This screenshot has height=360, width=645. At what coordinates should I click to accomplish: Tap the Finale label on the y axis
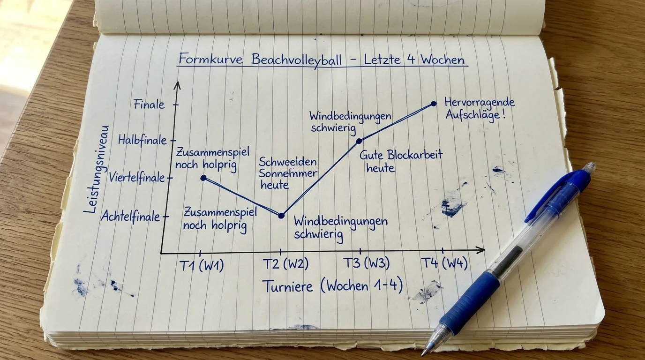(149, 104)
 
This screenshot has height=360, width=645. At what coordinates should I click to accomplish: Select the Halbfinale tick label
(142, 140)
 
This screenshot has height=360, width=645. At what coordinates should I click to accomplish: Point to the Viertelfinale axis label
(137, 177)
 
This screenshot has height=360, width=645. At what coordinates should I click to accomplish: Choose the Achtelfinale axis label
(130, 216)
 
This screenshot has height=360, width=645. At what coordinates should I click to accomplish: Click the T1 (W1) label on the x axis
(202, 265)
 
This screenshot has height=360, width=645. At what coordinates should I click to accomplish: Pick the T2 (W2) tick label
(285, 263)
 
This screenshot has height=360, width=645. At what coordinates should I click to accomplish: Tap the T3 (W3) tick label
(367, 262)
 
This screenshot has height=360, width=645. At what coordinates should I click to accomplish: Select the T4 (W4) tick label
(444, 262)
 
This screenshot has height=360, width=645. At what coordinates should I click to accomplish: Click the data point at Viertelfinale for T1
(203, 178)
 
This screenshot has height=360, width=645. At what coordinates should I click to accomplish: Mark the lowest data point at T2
(282, 216)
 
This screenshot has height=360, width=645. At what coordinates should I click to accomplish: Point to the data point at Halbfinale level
(359, 141)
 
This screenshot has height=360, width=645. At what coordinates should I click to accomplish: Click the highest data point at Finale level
(434, 104)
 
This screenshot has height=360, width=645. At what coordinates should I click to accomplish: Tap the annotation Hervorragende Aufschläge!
(480, 109)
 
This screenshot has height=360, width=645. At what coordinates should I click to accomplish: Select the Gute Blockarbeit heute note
(401, 161)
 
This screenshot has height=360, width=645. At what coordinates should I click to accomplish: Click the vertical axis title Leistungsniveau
(97, 169)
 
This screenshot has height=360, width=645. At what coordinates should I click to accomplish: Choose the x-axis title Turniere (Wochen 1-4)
(333, 286)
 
